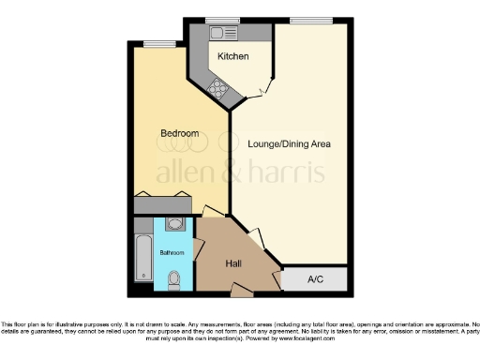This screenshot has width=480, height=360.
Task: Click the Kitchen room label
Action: coord(233,57)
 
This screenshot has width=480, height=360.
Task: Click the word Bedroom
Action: coord(180,134)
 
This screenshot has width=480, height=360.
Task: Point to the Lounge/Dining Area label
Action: coord(289,144)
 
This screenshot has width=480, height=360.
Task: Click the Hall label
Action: coord(235,263)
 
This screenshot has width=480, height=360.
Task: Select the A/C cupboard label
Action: coord(316,278)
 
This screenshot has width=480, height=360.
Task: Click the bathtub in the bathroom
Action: coord(143,255)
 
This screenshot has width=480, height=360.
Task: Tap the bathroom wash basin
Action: coord(174,225)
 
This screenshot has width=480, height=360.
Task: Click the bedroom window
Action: coord(160,42)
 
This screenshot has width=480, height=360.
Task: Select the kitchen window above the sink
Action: coord(223,20)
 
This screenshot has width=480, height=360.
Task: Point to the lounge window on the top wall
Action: coord(305,20)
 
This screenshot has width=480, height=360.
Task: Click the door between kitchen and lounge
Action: coord(266,90)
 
